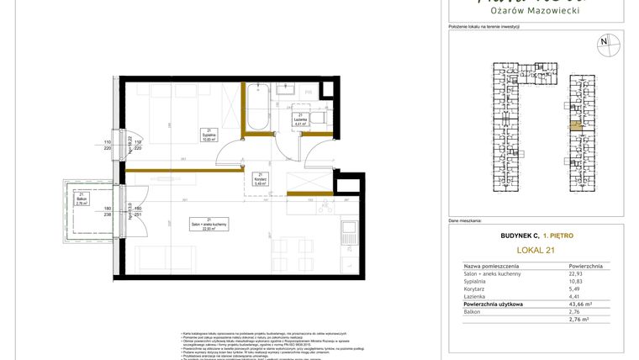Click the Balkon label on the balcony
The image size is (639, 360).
point(82,201)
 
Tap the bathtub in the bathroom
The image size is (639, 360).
point(257,107)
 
